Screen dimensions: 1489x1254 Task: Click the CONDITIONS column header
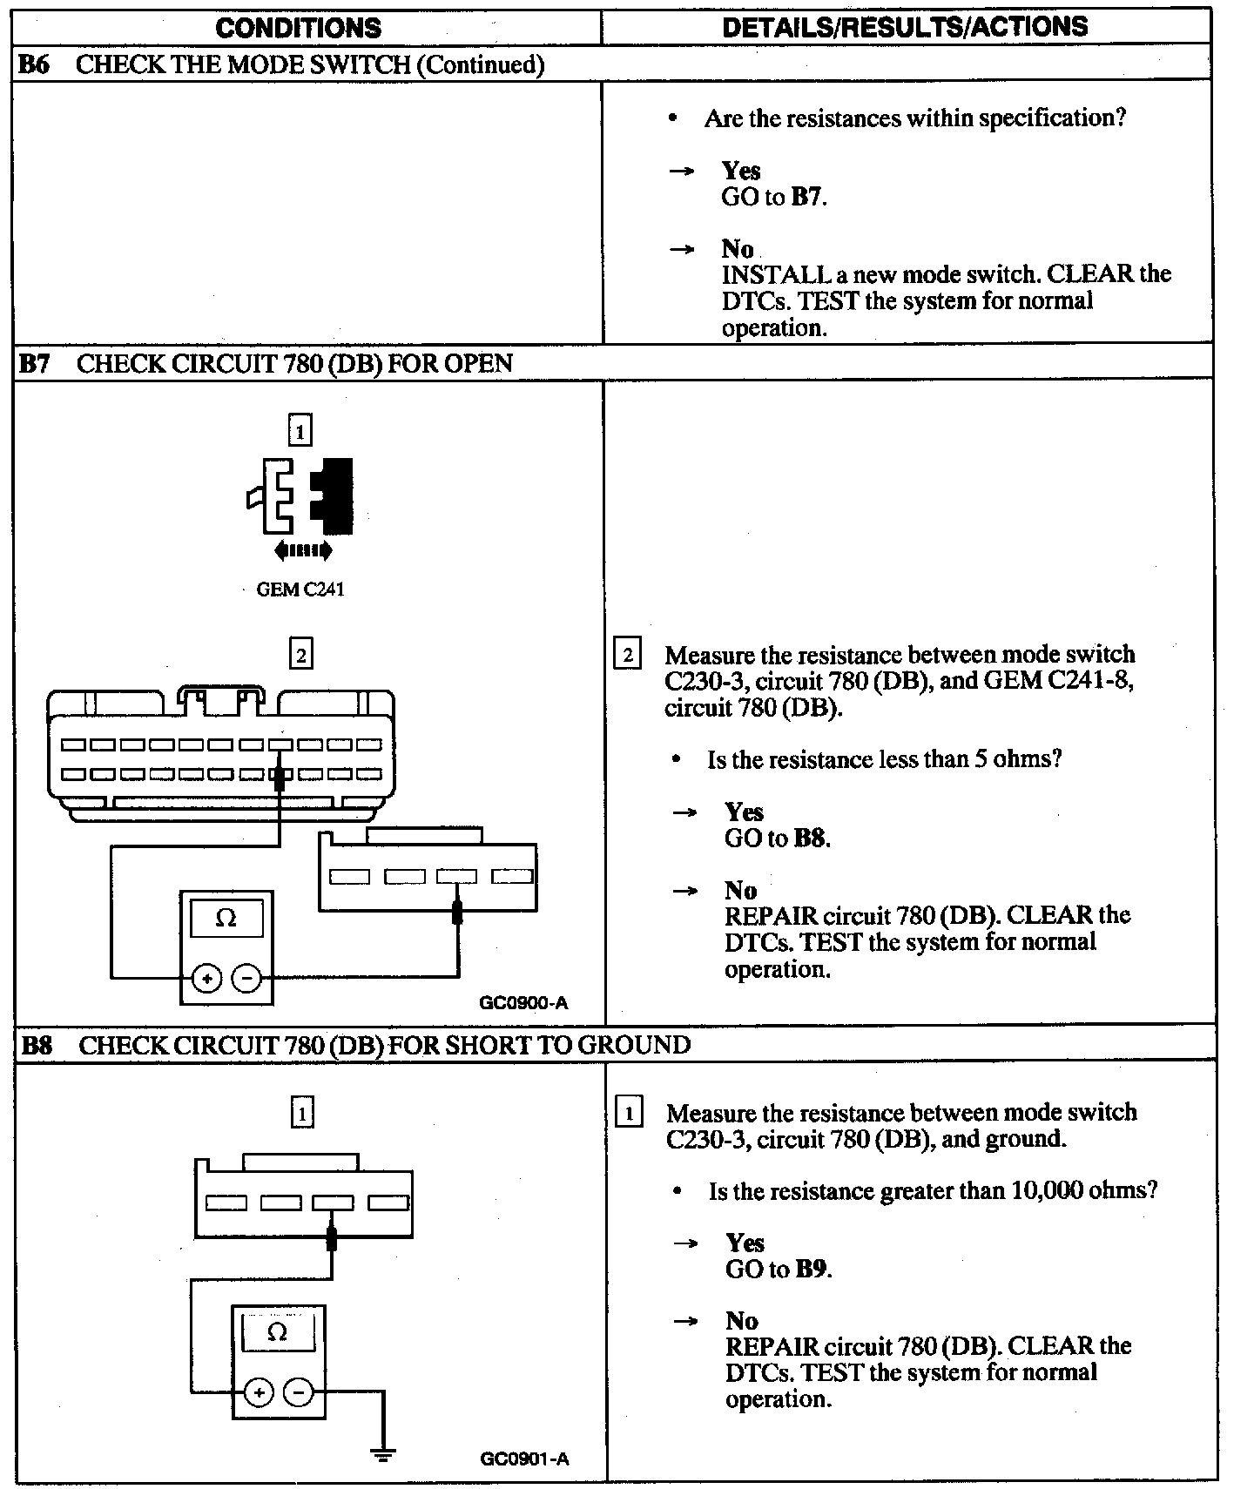[x=298, y=28]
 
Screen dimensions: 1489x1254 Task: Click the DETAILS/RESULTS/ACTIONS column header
[x=905, y=27]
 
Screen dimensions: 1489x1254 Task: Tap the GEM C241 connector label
[x=300, y=590]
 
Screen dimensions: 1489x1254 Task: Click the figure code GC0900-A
[x=523, y=1002]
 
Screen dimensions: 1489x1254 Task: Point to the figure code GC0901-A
[x=524, y=1459]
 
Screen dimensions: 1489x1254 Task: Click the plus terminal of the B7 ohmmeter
[x=207, y=979]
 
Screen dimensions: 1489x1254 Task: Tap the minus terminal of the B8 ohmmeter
[x=299, y=1393]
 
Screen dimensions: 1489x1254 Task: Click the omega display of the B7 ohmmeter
[x=226, y=919]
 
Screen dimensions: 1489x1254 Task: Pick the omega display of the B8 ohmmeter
[x=278, y=1333]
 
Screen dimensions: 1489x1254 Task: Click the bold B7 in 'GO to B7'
[x=806, y=197]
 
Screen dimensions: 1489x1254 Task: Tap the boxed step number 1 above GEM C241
[x=300, y=431]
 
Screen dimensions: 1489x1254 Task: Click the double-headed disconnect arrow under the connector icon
[x=302, y=549]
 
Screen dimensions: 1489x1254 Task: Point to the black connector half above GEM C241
[x=334, y=495]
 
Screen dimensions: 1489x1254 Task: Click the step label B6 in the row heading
[x=35, y=64]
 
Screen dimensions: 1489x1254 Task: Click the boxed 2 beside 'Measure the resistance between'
[x=627, y=654]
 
